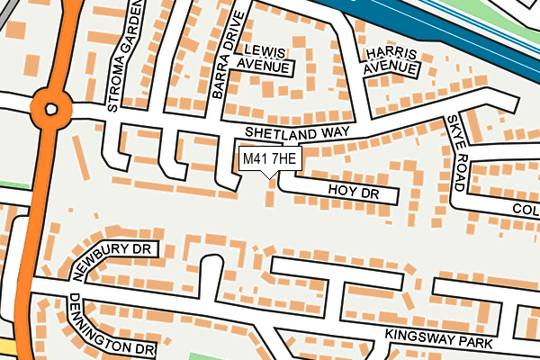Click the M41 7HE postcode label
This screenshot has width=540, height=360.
[268, 158]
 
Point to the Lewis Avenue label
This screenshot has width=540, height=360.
[265, 59]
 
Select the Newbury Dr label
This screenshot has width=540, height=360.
[112, 256]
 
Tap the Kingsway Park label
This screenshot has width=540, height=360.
[438, 338]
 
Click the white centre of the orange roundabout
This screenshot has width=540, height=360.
[50, 109]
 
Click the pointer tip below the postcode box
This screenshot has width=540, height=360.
[269, 177]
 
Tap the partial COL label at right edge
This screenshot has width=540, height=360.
[525, 209]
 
